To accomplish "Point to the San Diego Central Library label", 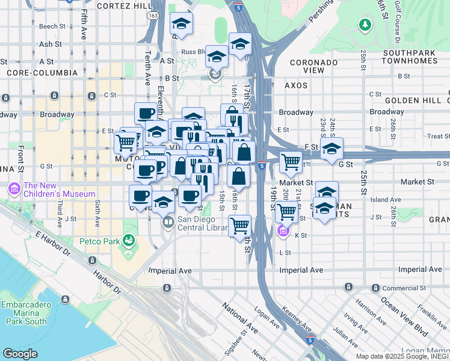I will click(x=202, y=223).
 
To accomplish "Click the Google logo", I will click(x=20, y=354).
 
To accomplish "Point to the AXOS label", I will click(x=296, y=85).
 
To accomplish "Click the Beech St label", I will click(x=52, y=26).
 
